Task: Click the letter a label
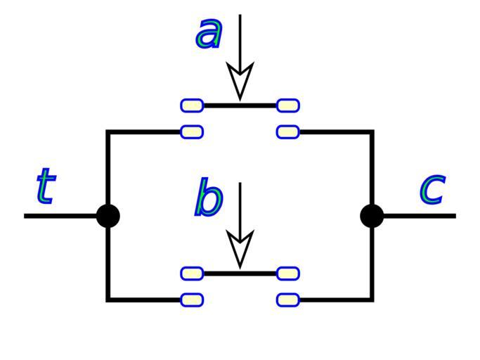209,33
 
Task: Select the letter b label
208,198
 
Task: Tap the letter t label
46,186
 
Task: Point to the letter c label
432,188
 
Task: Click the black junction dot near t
108,216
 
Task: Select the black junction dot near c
372,216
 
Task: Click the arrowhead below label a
240,81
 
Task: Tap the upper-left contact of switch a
192,105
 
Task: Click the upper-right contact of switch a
288,105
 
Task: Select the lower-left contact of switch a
192,131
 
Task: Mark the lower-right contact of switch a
288,131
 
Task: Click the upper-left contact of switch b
192,274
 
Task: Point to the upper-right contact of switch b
288,274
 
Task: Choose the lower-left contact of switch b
192,300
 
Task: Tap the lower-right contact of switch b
288,300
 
